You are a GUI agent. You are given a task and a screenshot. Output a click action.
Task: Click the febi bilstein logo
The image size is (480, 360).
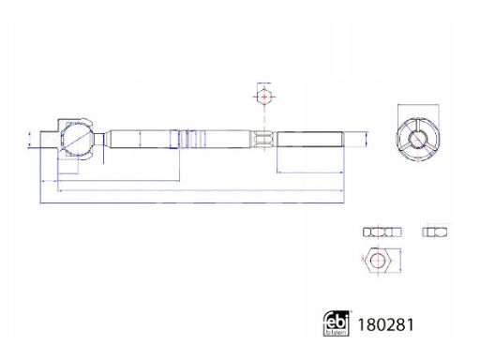(336, 323)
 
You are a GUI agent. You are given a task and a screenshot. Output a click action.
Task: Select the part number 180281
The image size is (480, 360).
(385, 325)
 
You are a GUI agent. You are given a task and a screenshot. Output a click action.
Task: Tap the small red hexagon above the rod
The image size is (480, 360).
(264, 96)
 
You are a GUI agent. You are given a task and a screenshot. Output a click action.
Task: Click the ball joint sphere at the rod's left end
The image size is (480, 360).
(77, 139)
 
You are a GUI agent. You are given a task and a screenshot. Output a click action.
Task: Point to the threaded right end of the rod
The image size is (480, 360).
(310, 139)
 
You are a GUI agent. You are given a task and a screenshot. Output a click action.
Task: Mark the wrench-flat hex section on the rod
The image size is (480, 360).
(263, 140)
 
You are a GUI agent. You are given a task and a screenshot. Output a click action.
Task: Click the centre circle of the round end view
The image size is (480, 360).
(417, 139)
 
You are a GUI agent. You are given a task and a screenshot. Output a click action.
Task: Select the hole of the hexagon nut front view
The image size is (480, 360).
(378, 260)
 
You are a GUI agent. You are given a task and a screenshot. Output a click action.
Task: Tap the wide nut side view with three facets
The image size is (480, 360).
(382, 232)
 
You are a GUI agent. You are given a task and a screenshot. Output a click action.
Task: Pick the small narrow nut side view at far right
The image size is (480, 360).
(435, 232)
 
